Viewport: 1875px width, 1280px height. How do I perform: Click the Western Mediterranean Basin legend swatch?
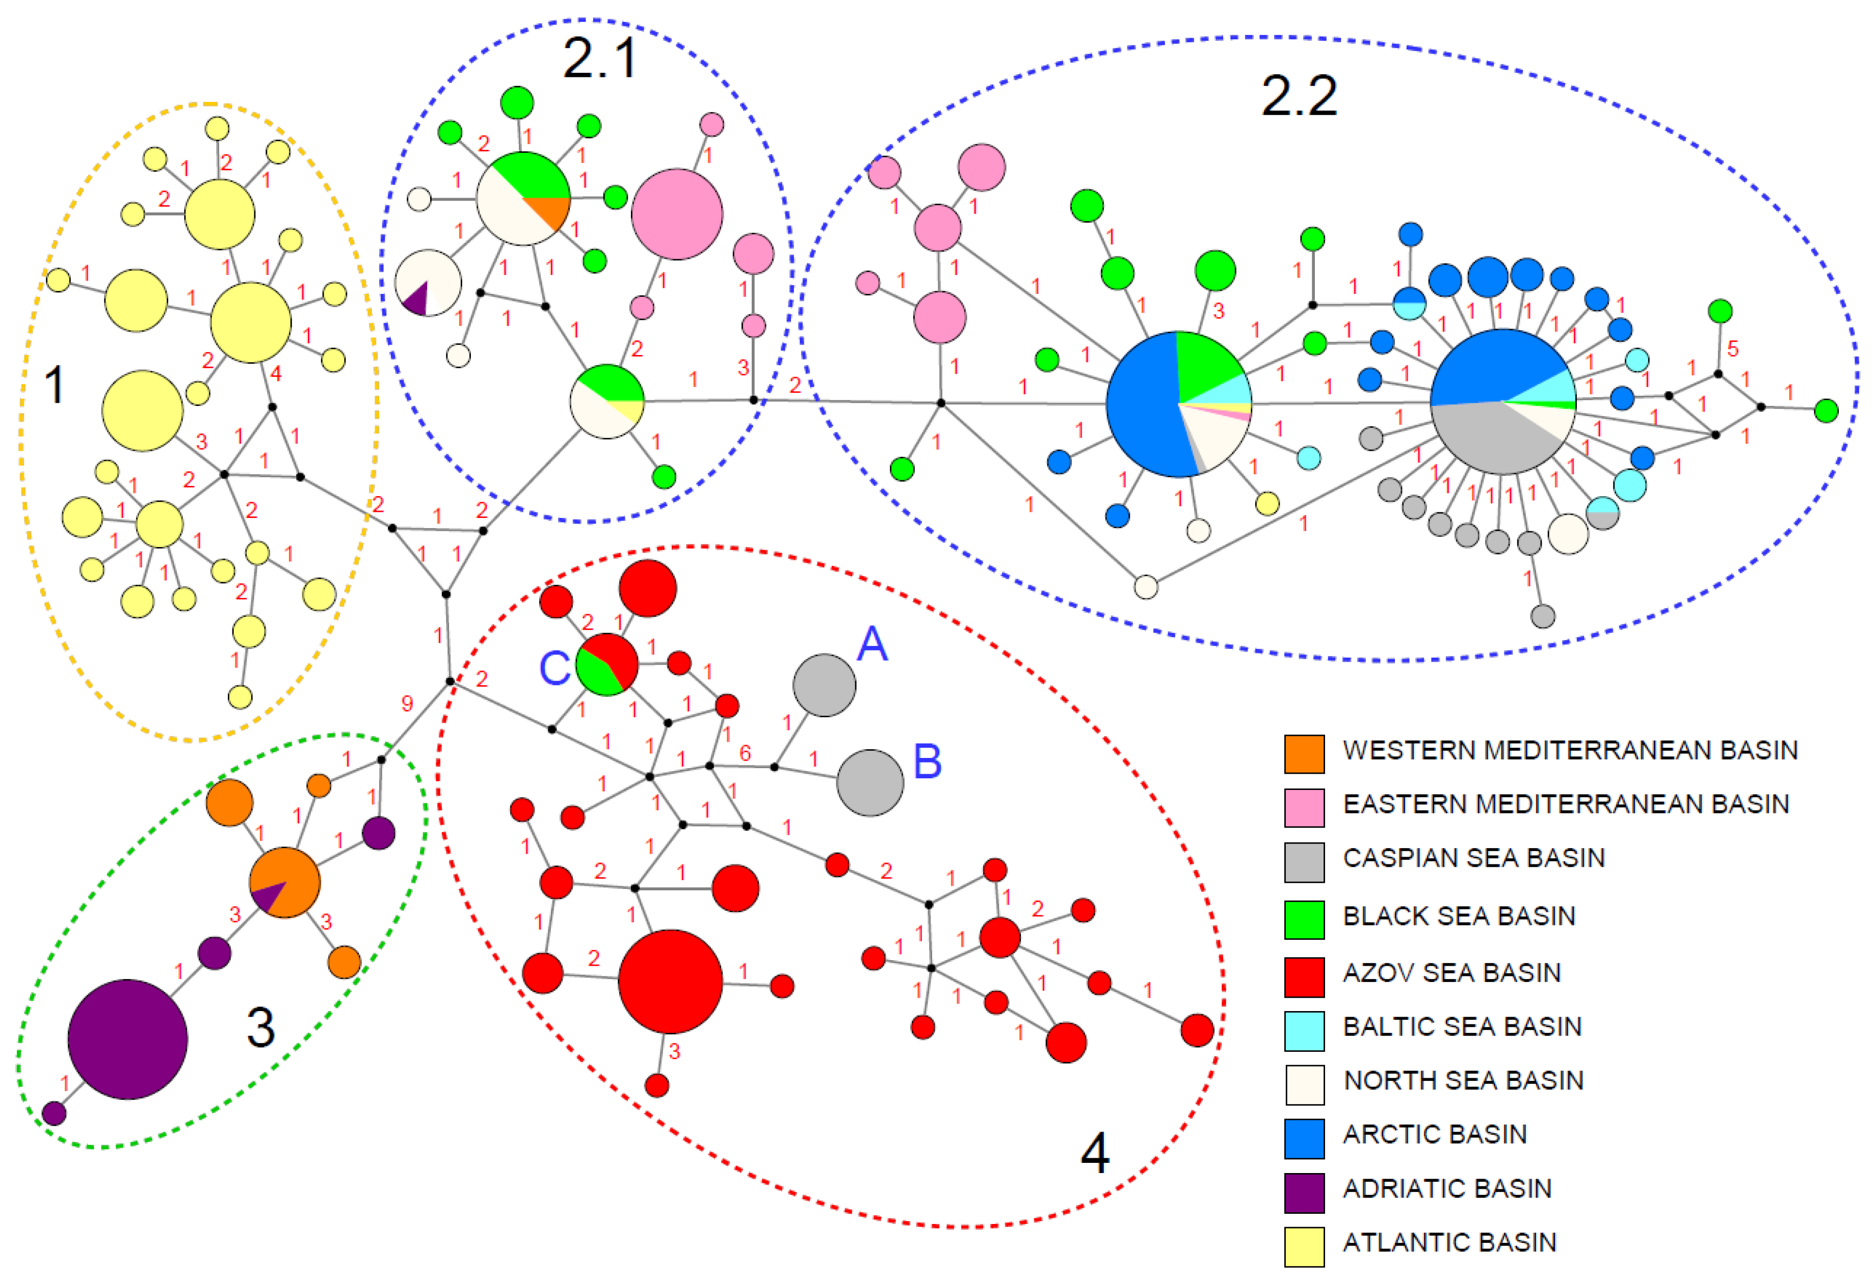[1304, 754]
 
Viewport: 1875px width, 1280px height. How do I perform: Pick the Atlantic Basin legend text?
[1449, 1242]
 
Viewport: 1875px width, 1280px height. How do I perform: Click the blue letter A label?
[872, 644]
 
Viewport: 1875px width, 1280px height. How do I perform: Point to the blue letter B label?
[927, 760]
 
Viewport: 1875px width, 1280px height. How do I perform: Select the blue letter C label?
[554, 669]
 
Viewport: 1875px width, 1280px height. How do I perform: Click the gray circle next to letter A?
[824, 685]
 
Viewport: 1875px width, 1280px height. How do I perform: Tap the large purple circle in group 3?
[127, 1039]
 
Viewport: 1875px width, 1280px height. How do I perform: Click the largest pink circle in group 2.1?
[676, 214]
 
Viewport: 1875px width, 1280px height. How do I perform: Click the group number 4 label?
[1094, 1153]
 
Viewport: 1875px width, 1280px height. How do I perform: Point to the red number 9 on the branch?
[407, 704]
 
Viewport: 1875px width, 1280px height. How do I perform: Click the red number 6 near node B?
[745, 753]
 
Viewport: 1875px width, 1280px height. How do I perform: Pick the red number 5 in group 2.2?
[1732, 348]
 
